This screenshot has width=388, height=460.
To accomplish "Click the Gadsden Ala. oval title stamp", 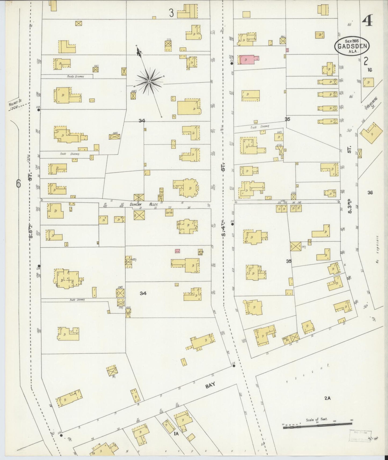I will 352,46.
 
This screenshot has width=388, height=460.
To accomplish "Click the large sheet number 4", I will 367,20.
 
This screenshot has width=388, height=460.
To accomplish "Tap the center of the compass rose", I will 149,81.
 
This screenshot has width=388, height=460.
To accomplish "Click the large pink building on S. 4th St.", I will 247,60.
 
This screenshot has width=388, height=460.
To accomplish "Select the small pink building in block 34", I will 177,251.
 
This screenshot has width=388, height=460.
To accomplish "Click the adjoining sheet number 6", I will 18,184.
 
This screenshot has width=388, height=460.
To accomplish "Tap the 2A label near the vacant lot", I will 327,399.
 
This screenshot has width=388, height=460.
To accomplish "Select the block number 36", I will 370,192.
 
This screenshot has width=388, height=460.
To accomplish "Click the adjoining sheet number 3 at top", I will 171,13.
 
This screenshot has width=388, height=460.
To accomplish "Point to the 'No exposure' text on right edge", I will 378,250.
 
